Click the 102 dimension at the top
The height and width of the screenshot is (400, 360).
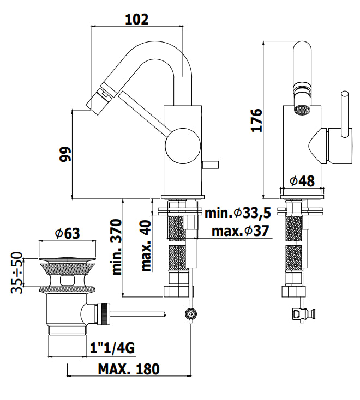click(x=136, y=20)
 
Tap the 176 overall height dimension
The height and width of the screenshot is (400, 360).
click(x=257, y=119)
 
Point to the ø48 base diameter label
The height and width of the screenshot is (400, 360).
click(x=302, y=181)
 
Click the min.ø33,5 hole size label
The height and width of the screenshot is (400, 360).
click(x=236, y=213)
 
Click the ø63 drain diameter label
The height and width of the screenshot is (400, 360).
click(x=67, y=233)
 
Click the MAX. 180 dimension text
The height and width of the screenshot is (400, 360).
click(x=129, y=369)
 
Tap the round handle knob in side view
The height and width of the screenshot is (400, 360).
click(x=181, y=146)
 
